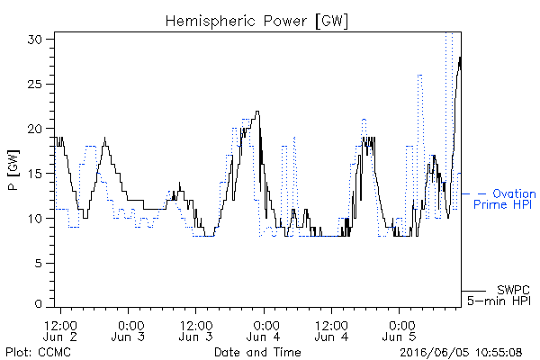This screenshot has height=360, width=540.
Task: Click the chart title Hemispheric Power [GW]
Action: pyautogui.click(x=256, y=22)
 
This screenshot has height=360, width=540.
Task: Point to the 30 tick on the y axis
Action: pyautogui.click(x=35, y=40)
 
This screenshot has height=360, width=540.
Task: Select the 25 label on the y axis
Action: pyautogui.click(x=35, y=84)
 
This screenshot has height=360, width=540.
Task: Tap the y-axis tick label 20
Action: pyautogui.click(x=35, y=129)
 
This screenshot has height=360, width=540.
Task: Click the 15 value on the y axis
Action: pyautogui.click(x=35, y=174)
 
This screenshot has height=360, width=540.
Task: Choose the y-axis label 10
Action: pyautogui.click(x=35, y=218)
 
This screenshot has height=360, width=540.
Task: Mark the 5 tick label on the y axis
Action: pyautogui.click(x=39, y=263)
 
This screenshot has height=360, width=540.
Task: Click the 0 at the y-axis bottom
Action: pyautogui.click(x=39, y=304)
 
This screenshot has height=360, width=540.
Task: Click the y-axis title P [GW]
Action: pyautogui.click(x=13, y=170)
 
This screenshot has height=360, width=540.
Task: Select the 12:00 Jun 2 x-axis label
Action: pyautogui.click(x=60, y=331)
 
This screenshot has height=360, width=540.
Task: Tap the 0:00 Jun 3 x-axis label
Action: pyautogui.click(x=128, y=331)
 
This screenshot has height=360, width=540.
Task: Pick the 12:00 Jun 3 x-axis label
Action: pyautogui.click(x=196, y=331)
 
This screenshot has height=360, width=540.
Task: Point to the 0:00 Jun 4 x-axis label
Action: pyautogui.click(x=264, y=331)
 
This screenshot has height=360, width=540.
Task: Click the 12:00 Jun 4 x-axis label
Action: pyautogui.click(x=331, y=331)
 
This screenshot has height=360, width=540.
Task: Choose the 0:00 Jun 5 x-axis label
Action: pyautogui.click(x=399, y=331)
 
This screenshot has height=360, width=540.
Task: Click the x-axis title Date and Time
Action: pyautogui.click(x=257, y=353)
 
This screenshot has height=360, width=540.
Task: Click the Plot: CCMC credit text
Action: pyautogui.click(x=38, y=353)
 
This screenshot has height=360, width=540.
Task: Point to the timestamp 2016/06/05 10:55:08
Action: pyautogui.click(x=461, y=353)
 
